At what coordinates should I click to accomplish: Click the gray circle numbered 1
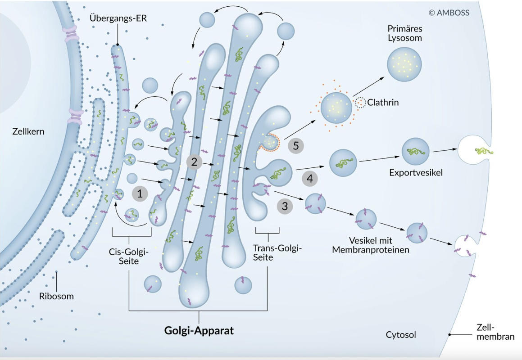(x=140, y=194)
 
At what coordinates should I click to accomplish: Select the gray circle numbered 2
(x=195, y=162)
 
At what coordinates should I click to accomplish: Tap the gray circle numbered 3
(x=285, y=207)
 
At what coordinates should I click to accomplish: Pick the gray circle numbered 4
(x=309, y=179)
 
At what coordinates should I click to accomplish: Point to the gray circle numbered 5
(x=296, y=146)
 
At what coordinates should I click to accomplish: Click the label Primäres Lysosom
(x=405, y=33)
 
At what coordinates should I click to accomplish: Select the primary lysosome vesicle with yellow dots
(x=404, y=65)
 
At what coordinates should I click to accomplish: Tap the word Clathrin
(x=383, y=103)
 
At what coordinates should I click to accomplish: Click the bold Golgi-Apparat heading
(x=199, y=331)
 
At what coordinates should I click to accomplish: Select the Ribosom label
(x=56, y=296)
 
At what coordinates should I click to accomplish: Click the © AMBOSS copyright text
(x=449, y=13)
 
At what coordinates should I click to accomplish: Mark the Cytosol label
(x=401, y=335)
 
